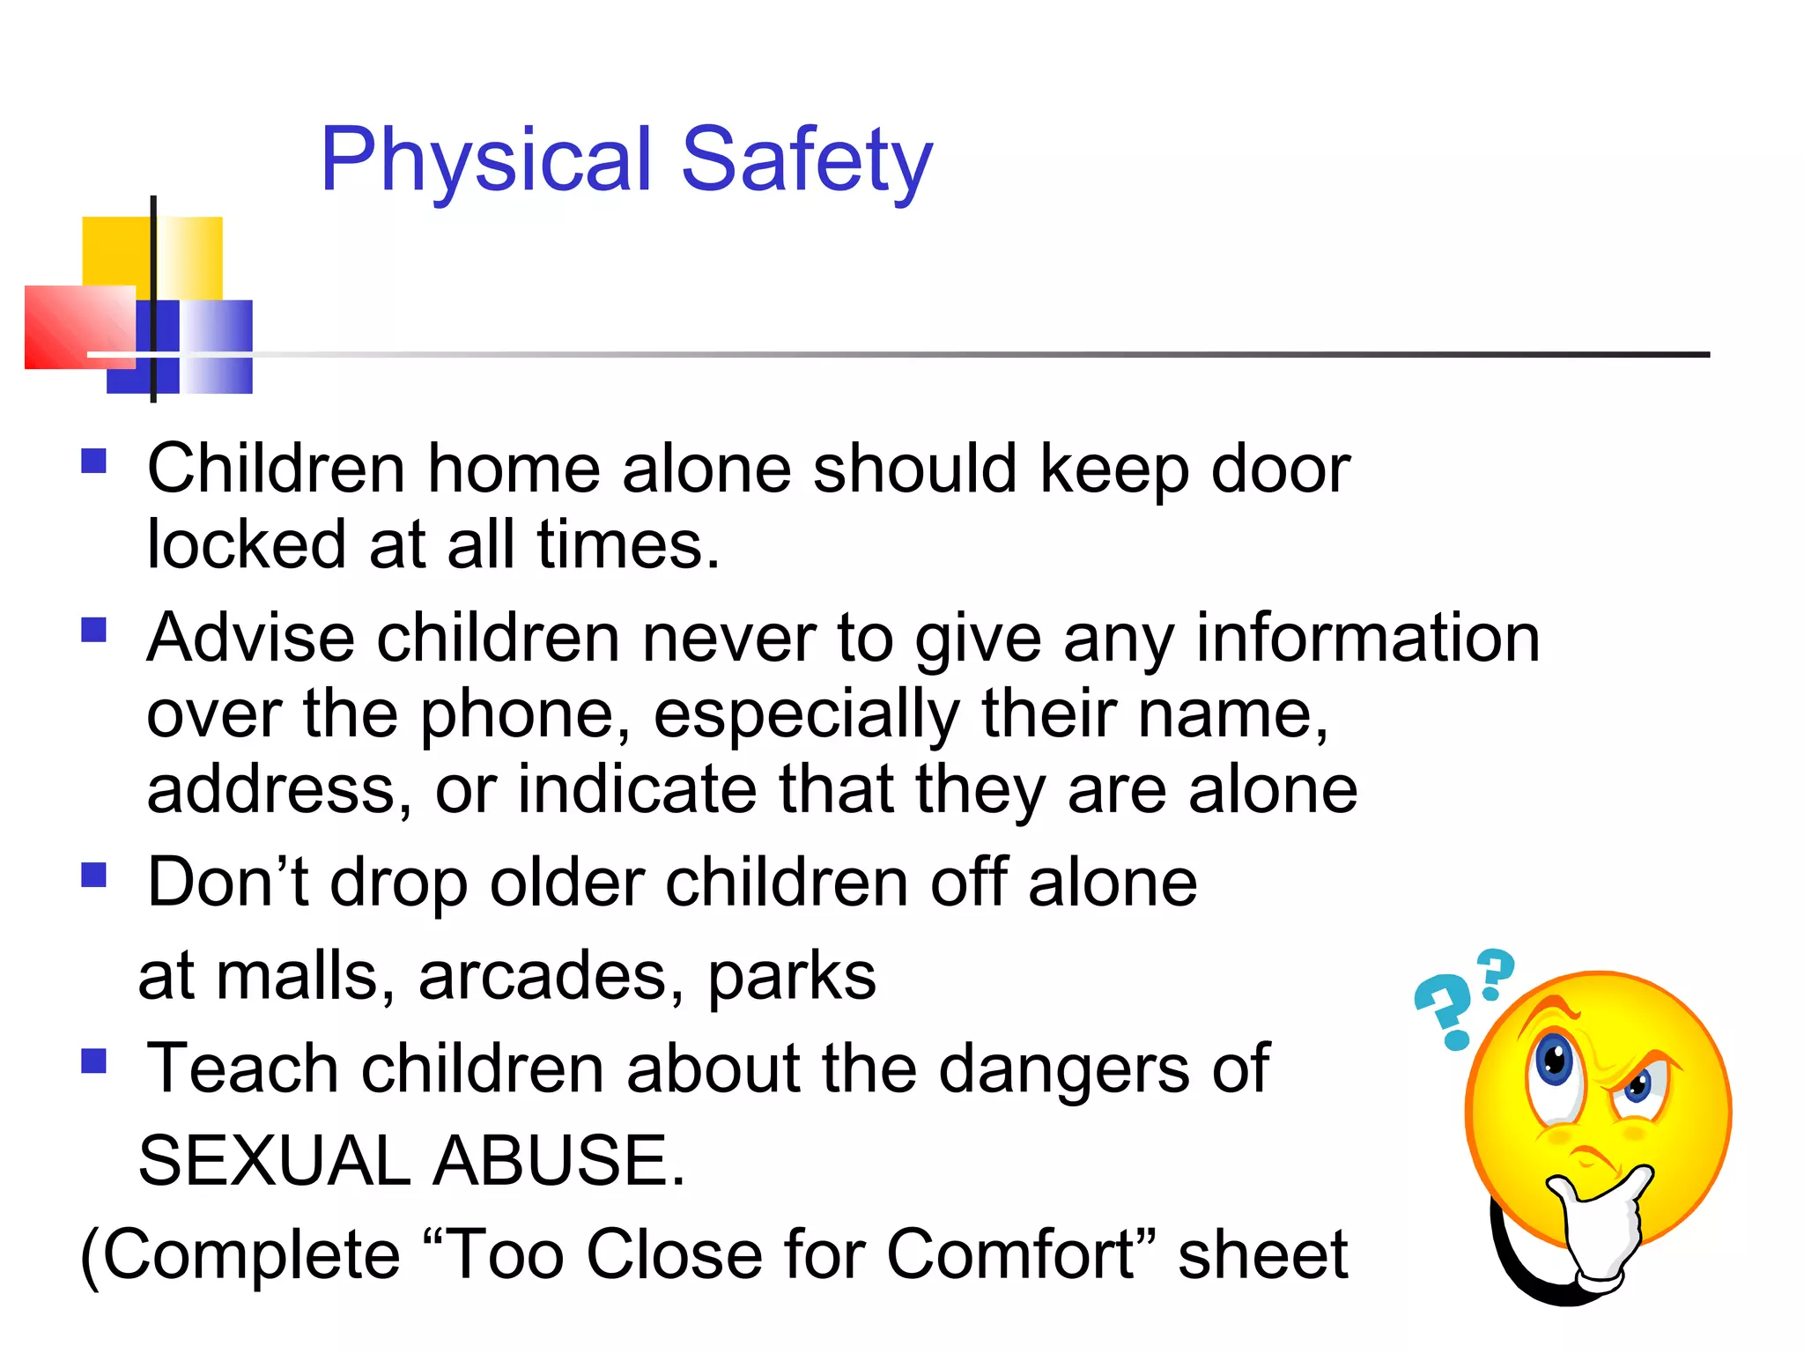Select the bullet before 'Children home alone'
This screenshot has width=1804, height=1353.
pyautogui.click(x=93, y=462)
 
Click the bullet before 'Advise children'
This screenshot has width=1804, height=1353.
pyautogui.click(x=93, y=630)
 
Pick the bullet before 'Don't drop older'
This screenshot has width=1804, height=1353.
pyautogui.click(x=93, y=875)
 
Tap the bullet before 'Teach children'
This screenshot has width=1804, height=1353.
pyautogui.click(x=93, y=1061)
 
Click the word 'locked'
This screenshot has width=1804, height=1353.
pyautogui.click(x=246, y=544)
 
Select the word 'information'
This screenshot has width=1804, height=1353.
pyautogui.click(x=1367, y=638)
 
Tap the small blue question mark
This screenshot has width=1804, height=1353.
pyautogui.click(x=1495, y=972)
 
